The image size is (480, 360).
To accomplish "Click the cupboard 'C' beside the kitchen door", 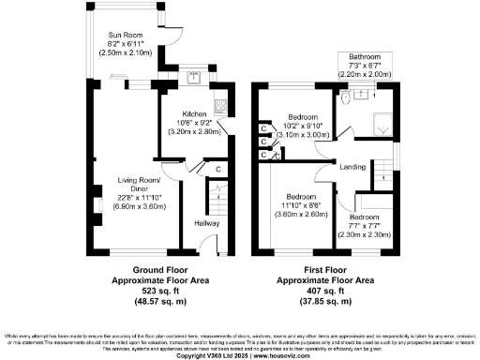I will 217,169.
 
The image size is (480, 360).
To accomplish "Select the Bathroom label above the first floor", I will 365,56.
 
